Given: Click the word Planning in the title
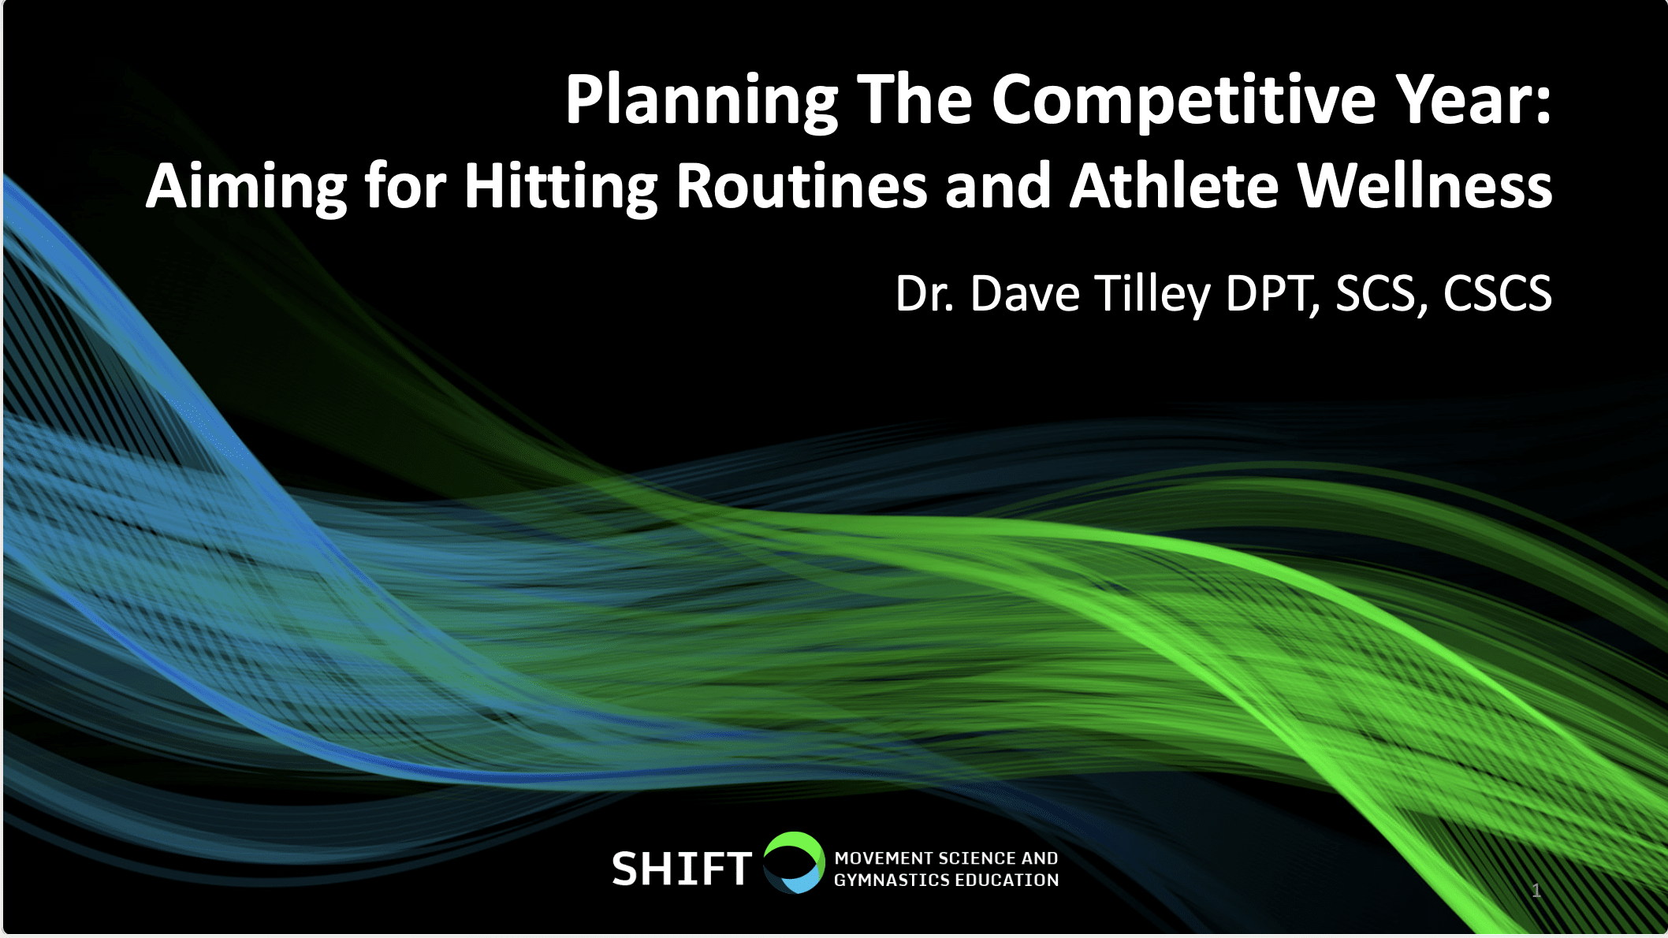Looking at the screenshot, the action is tap(702, 101).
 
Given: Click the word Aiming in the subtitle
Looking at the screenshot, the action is tap(247, 188).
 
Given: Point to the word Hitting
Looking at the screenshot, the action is tap(560, 188).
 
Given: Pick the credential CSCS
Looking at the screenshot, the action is tap(1498, 293).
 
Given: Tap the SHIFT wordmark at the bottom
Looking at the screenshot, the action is tap(681, 869).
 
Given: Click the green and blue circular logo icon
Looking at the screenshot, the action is tap(793, 862).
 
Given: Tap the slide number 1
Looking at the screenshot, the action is tap(1536, 891).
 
